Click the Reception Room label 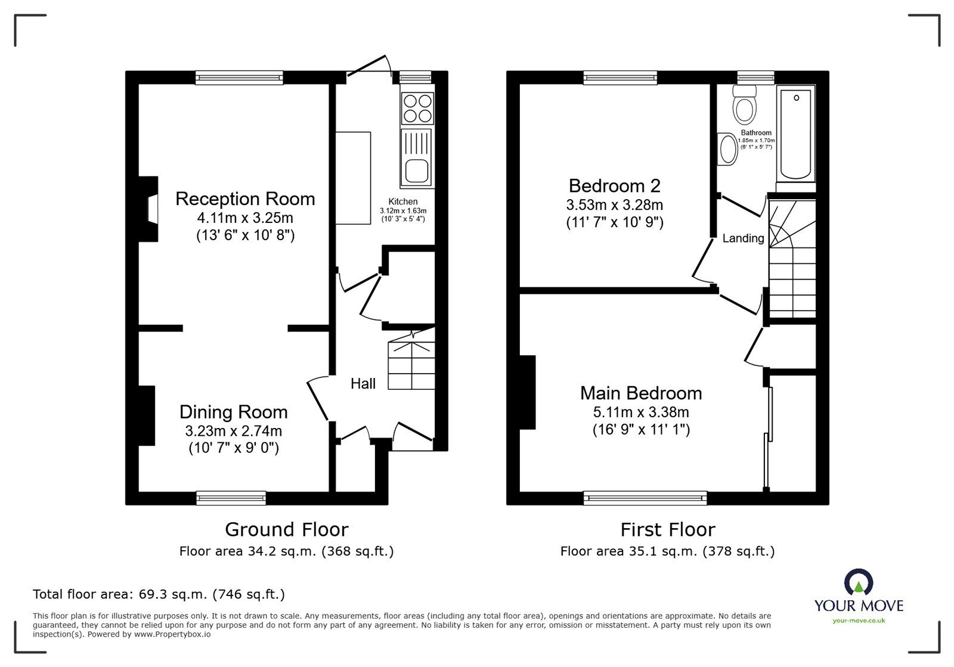pos(245,198)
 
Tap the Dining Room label pos(233,412)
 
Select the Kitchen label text pos(403,201)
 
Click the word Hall pos(363,383)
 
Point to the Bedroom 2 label pos(615,186)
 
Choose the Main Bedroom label pos(641,393)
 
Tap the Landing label pos(743,238)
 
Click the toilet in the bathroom pos(745,105)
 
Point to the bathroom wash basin pos(727,149)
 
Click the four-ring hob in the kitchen pos(417,108)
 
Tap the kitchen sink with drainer pos(417,158)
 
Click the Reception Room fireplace pos(148,209)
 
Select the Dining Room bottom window pos(231,498)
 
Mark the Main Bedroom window pos(645,498)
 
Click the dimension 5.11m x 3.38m pos(641,412)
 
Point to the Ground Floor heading pos(287,529)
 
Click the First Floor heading pos(668,529)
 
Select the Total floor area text pos(159,594)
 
